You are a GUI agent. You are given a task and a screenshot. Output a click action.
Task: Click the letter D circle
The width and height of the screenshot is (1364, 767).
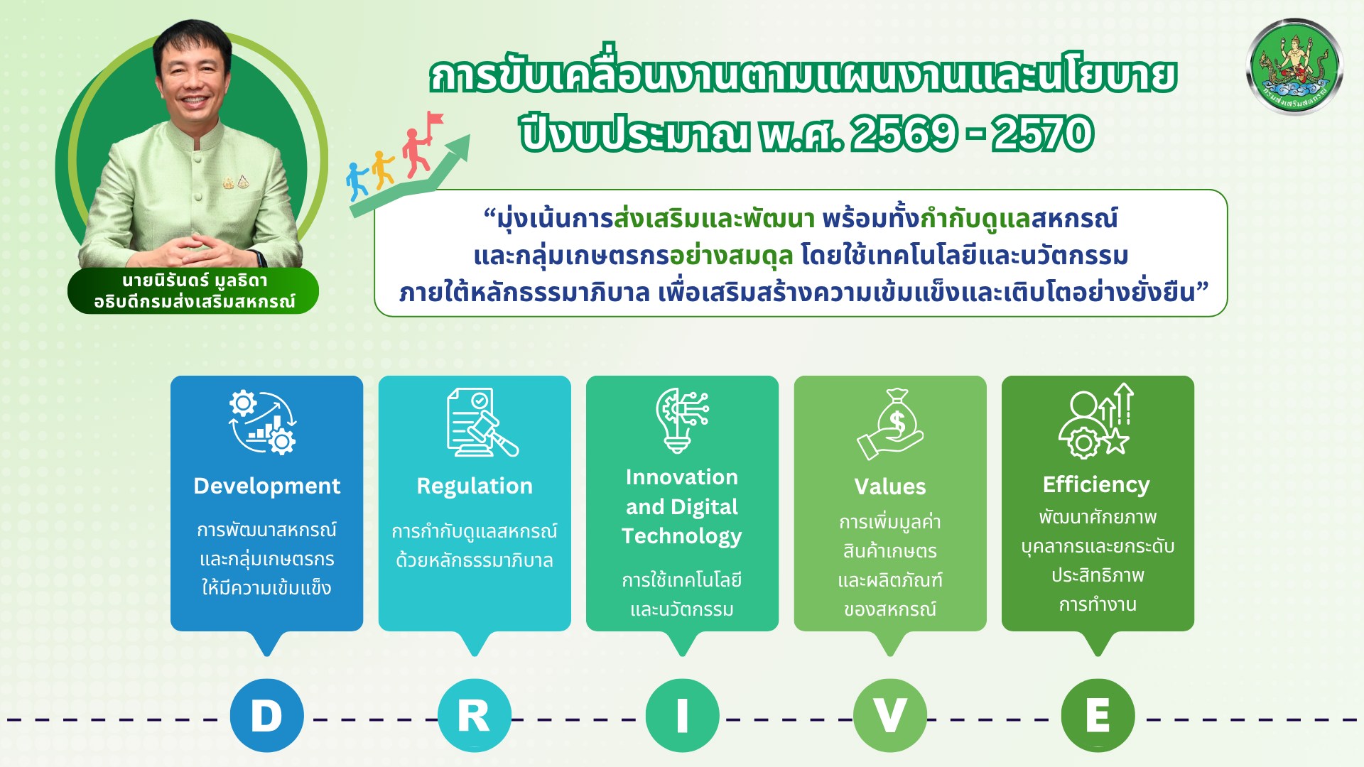266,715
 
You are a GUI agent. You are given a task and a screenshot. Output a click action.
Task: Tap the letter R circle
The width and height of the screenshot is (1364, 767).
474,715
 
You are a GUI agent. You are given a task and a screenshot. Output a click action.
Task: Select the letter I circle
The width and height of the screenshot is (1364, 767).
682,715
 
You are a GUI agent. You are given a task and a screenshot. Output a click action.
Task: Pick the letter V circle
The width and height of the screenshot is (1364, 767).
889,715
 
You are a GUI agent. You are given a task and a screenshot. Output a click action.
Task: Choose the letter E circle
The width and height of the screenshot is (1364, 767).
1098,715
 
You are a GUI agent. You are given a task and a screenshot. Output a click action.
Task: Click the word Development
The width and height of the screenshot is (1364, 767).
266,486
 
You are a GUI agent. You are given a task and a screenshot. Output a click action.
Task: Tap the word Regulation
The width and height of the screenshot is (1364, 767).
474,486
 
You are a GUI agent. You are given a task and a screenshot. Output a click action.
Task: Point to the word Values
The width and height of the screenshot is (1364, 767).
889,486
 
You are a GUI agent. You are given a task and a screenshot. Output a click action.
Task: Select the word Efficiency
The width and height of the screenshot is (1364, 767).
1096,484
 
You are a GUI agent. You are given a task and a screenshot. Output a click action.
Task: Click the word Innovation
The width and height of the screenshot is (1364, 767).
681,477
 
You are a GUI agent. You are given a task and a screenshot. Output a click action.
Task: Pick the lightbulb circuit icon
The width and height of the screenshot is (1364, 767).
681,420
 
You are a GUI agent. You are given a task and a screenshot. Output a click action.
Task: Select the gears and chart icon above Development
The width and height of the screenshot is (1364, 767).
262,422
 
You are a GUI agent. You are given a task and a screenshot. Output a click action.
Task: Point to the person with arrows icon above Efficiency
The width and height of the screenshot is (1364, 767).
1096,420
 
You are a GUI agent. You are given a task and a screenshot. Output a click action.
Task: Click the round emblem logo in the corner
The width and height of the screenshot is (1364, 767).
1294,67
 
